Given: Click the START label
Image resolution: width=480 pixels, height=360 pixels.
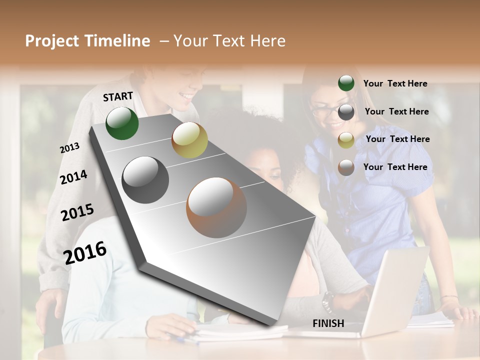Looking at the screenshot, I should coord(118,96).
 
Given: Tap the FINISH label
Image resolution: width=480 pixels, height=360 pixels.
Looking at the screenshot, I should coord(328,323).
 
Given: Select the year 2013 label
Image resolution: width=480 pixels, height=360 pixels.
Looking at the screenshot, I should coord(69,148).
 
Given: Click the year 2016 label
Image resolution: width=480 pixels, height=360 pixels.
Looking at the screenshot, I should coord(85,252).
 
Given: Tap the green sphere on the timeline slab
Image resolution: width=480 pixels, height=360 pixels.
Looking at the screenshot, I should coord(122,123).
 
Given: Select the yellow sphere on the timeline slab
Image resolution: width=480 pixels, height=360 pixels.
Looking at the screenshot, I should coord(189,140).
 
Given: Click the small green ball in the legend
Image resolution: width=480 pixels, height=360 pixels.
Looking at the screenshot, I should coord(346,83).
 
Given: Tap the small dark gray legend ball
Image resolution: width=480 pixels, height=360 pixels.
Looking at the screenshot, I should coord(346,112).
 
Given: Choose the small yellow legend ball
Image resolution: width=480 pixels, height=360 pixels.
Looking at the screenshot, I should coord(346,140).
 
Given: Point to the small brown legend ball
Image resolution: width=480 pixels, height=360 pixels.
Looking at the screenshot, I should coord(346,167).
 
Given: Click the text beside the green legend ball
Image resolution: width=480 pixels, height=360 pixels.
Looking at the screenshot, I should coord(395,83).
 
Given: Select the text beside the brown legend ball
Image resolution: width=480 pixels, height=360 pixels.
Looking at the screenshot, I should coord(395,167).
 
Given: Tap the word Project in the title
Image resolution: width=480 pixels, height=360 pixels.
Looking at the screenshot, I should coord(53,41).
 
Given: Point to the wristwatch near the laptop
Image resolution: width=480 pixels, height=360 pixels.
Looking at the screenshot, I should coord(327,301).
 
